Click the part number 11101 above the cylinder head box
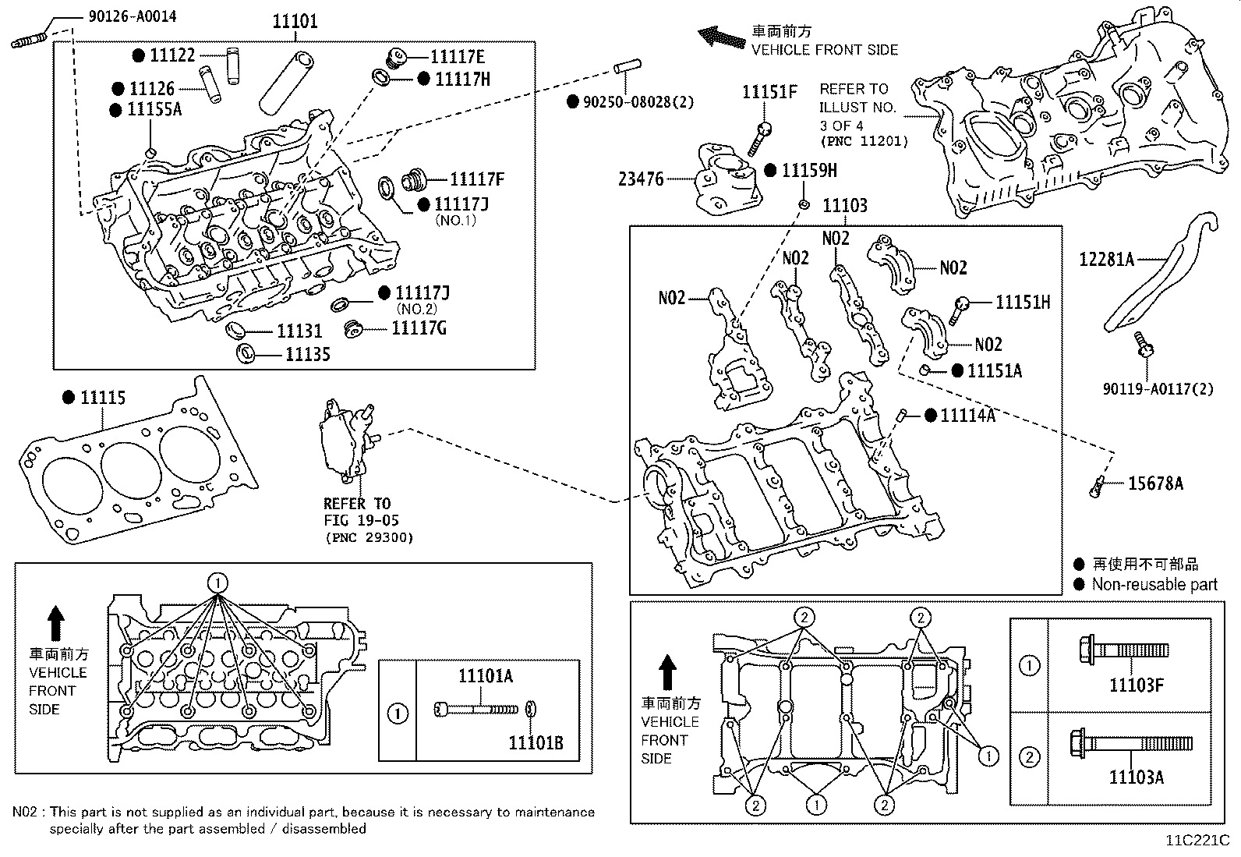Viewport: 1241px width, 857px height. tap(295, 22)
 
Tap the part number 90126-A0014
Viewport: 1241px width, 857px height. tap(133, 16)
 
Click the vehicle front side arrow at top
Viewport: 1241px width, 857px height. tap(721, 37)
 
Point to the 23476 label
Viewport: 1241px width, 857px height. tap(641, 179)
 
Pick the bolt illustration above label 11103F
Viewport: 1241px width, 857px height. tap(1124, 650)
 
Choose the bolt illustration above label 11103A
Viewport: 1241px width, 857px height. tap(1131, 743)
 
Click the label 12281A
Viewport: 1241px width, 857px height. tap(1106, 260)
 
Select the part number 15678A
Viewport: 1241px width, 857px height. tap(1156, 484)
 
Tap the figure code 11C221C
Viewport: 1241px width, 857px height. tap(1197, 841)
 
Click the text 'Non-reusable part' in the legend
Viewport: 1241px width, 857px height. tap(1154, 584)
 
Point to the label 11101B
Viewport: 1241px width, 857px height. tap(536, 743)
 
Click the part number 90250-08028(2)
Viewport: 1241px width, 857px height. tap(638, 102)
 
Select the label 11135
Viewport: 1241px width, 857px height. tap(307, 355)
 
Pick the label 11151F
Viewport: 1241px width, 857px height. tap(769, 92)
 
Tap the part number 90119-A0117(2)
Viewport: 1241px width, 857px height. tap(1158, 389)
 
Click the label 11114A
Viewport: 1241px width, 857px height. tap(968, 415)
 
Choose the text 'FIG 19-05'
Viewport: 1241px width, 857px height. tap(361, 521)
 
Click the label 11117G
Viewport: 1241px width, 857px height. tap(419, 328)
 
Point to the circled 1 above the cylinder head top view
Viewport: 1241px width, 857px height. tap(217, 583)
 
